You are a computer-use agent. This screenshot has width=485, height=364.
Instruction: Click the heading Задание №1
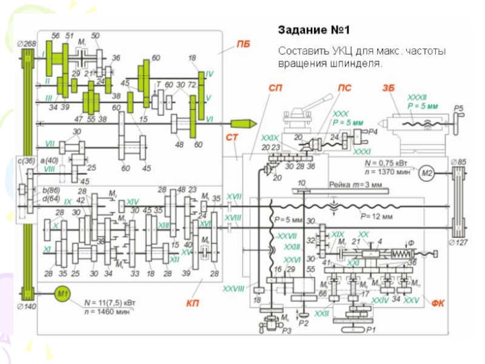[x=314, y=29]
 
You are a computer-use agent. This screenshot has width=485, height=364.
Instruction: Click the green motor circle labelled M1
[x=64, y=295]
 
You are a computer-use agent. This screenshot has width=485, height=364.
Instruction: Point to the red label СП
[x=275, y=88]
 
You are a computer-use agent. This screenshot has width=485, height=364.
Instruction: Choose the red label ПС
[x=344, y=88]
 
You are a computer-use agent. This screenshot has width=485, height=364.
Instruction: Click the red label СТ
[x=232, y=138]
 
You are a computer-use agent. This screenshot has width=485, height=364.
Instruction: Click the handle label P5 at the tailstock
[x=458, y=109]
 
